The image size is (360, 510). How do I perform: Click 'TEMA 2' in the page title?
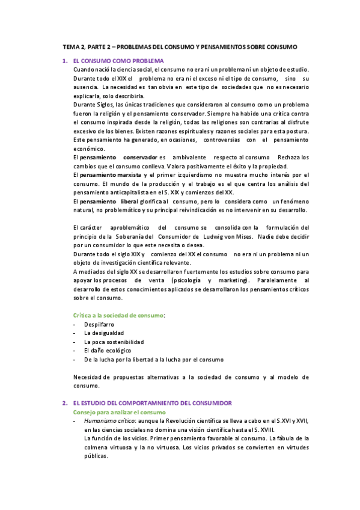75,46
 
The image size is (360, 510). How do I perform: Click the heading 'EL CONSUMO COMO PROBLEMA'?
118,61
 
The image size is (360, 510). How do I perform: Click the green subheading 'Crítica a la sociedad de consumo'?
118,315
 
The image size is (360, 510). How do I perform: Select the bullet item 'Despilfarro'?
99,324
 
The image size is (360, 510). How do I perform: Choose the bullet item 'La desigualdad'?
105,333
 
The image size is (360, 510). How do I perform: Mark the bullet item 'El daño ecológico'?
108,350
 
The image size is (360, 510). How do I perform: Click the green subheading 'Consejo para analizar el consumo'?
118,412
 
